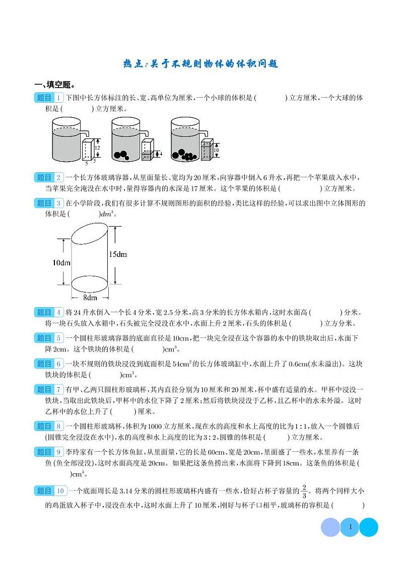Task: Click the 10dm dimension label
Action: click(60, 263)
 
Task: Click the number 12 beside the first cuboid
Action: click(97, 148)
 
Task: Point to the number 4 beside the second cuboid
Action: click(160, 154)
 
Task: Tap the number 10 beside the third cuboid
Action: click(215, 150)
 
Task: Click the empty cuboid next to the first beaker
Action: click(88, 150)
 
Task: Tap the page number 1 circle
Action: click(350, 528)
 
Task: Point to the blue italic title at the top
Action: click(200, 64)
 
